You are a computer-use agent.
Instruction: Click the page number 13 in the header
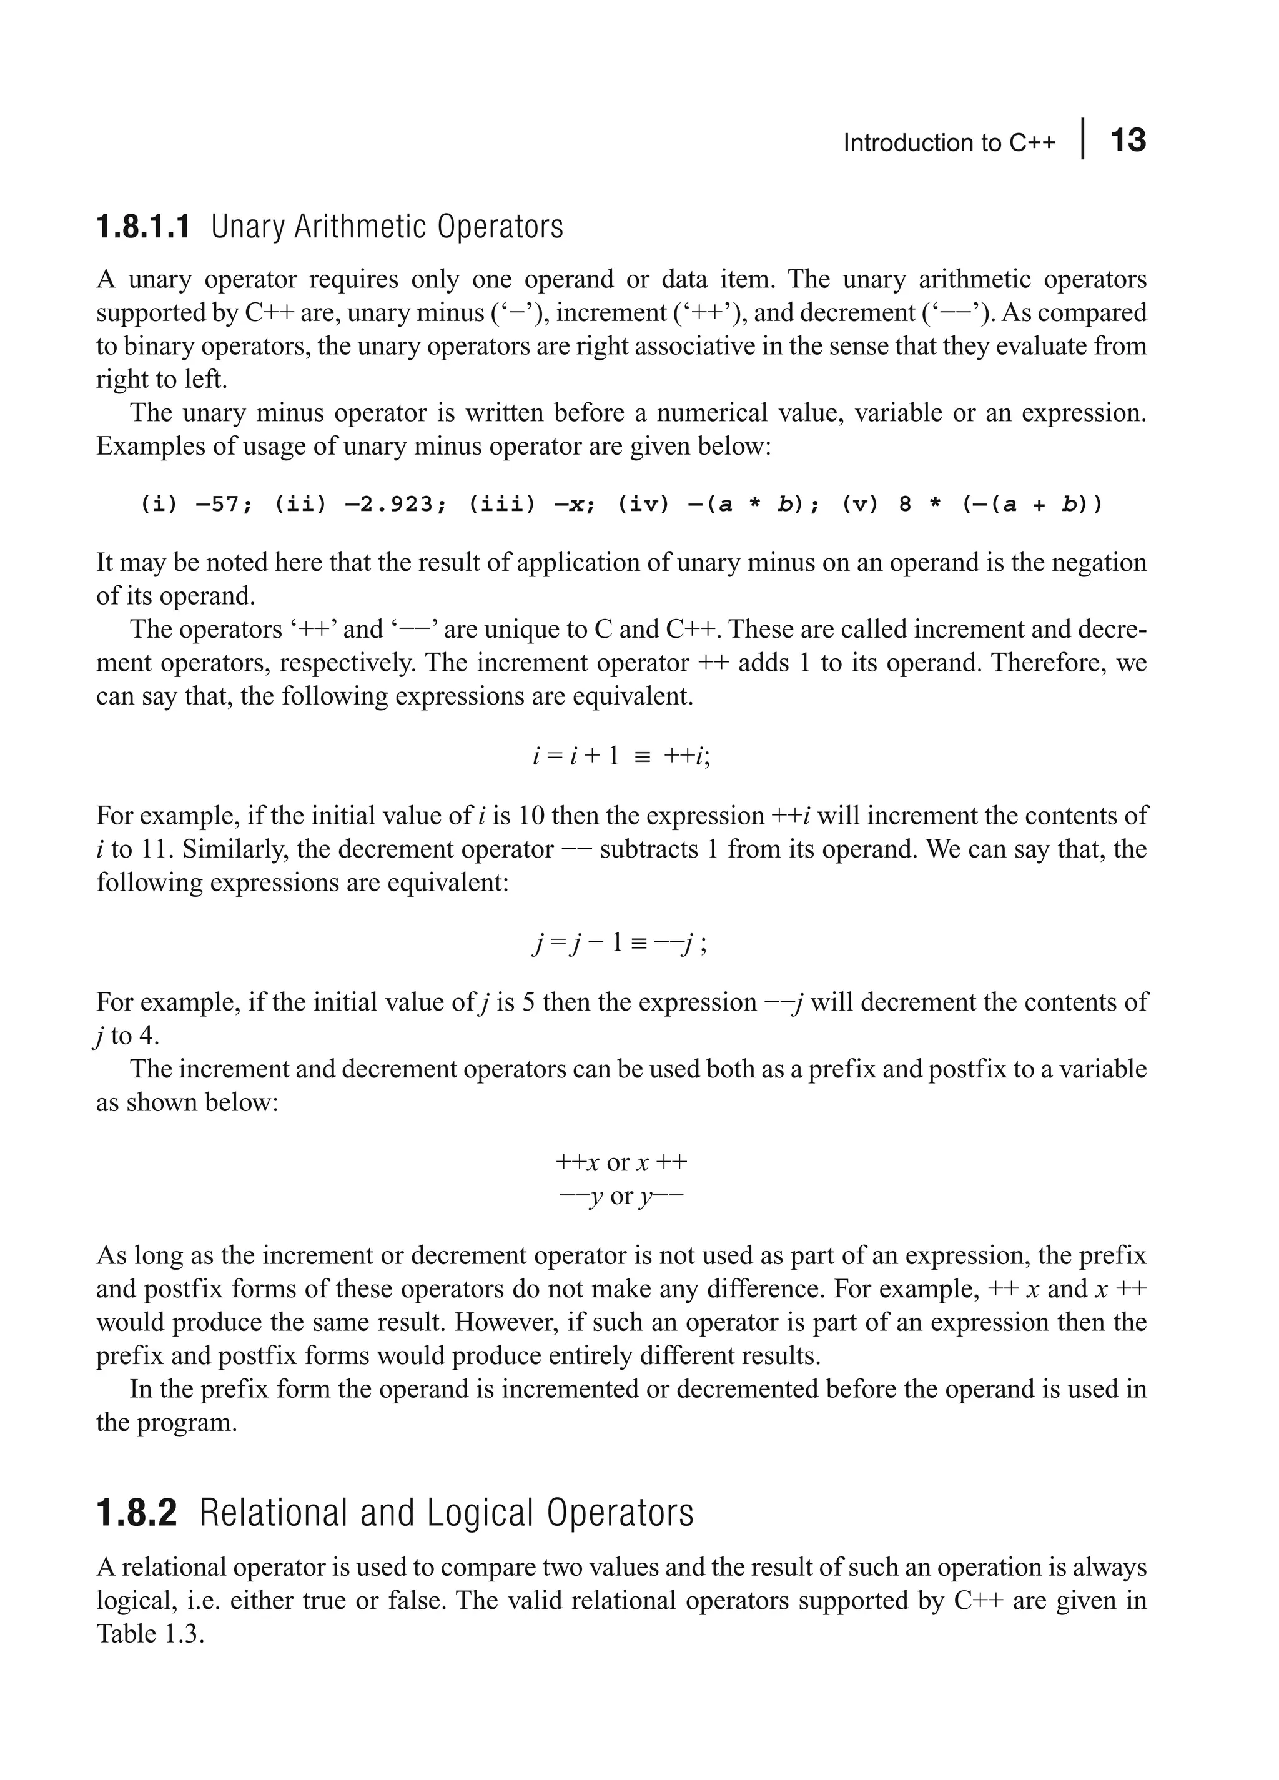pyautogui.click(x=1128, y=141)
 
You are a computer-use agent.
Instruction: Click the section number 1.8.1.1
pyautogui.click(x=143, y=227)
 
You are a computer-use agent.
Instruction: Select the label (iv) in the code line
pyautogui.click(x=643, y=504)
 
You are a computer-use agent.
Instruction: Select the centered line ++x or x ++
pyautogui.click(x=621, y=1162)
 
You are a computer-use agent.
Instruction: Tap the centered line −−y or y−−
pyautogui.click(x=621, y=1196)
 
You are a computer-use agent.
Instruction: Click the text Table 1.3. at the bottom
pyautogui.click(x=150, y=1634)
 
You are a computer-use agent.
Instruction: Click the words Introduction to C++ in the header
pyautogui.click(x=949, y=143)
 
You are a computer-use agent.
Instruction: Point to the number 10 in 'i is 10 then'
pyautogui.click(x=531, y=816)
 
